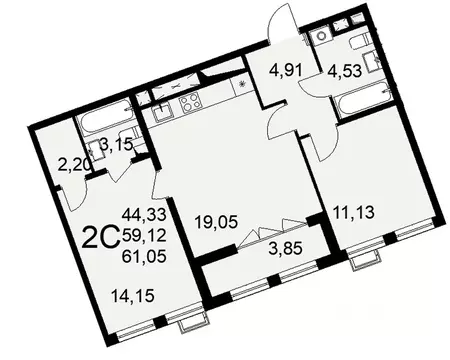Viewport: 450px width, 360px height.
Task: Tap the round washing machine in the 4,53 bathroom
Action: pos(323,38)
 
